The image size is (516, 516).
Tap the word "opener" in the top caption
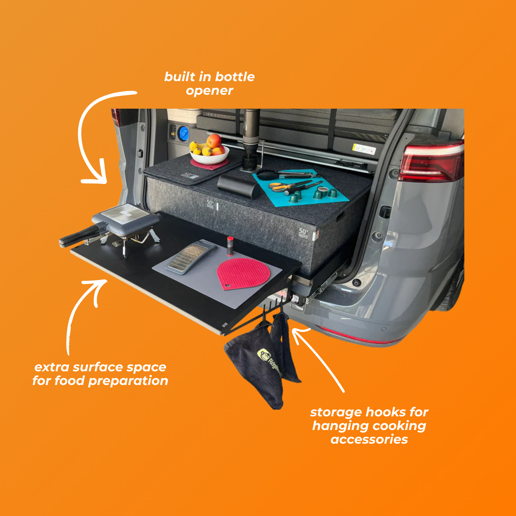[209, 91]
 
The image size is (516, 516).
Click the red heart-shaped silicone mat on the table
[243, 273]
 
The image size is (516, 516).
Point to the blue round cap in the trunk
[184, 133]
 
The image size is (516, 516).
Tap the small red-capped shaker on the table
[230, 246]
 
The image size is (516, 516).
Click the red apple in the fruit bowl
[214, 141]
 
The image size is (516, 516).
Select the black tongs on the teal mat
[285, 175]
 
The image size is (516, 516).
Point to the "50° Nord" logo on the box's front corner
[303, 233]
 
